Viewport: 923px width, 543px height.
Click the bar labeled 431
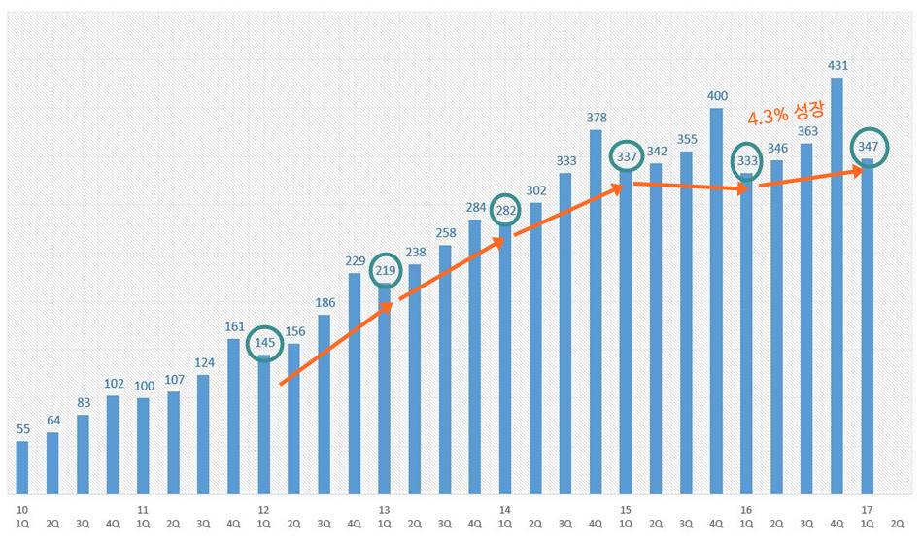pyautogui.click(x=837, y=286)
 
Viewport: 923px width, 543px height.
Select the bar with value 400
pyautogui.click(x=716, y=301)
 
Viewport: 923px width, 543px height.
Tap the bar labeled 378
pyautogui.click(x=596, y=311)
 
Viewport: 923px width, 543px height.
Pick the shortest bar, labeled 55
pyautogui.click(x=22, y=468)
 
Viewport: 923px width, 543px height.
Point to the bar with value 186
pyautogui.click(x=324, y=404)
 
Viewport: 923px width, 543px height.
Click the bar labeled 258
pyautogui.click(x=445, y=369)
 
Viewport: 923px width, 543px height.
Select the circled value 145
pyautogui.click(x=263, y=343)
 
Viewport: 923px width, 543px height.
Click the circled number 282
pyautogui.click(x=505, y=209)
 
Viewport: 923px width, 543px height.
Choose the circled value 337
pyautogui.click(x=626, y=156)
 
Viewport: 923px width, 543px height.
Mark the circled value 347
pyautogui.click(x=868, y=146)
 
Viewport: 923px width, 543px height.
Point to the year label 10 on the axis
pyautogui.click(x=21, y=509)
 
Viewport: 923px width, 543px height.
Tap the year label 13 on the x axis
pyautogui.click(x=384, y=509)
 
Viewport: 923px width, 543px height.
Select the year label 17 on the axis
pyautogui.click(x=867, y=509)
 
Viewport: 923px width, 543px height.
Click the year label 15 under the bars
pyautogui.click(x=626, y=509)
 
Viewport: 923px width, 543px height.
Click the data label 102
pyautogui.click(x=113, y=383)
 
